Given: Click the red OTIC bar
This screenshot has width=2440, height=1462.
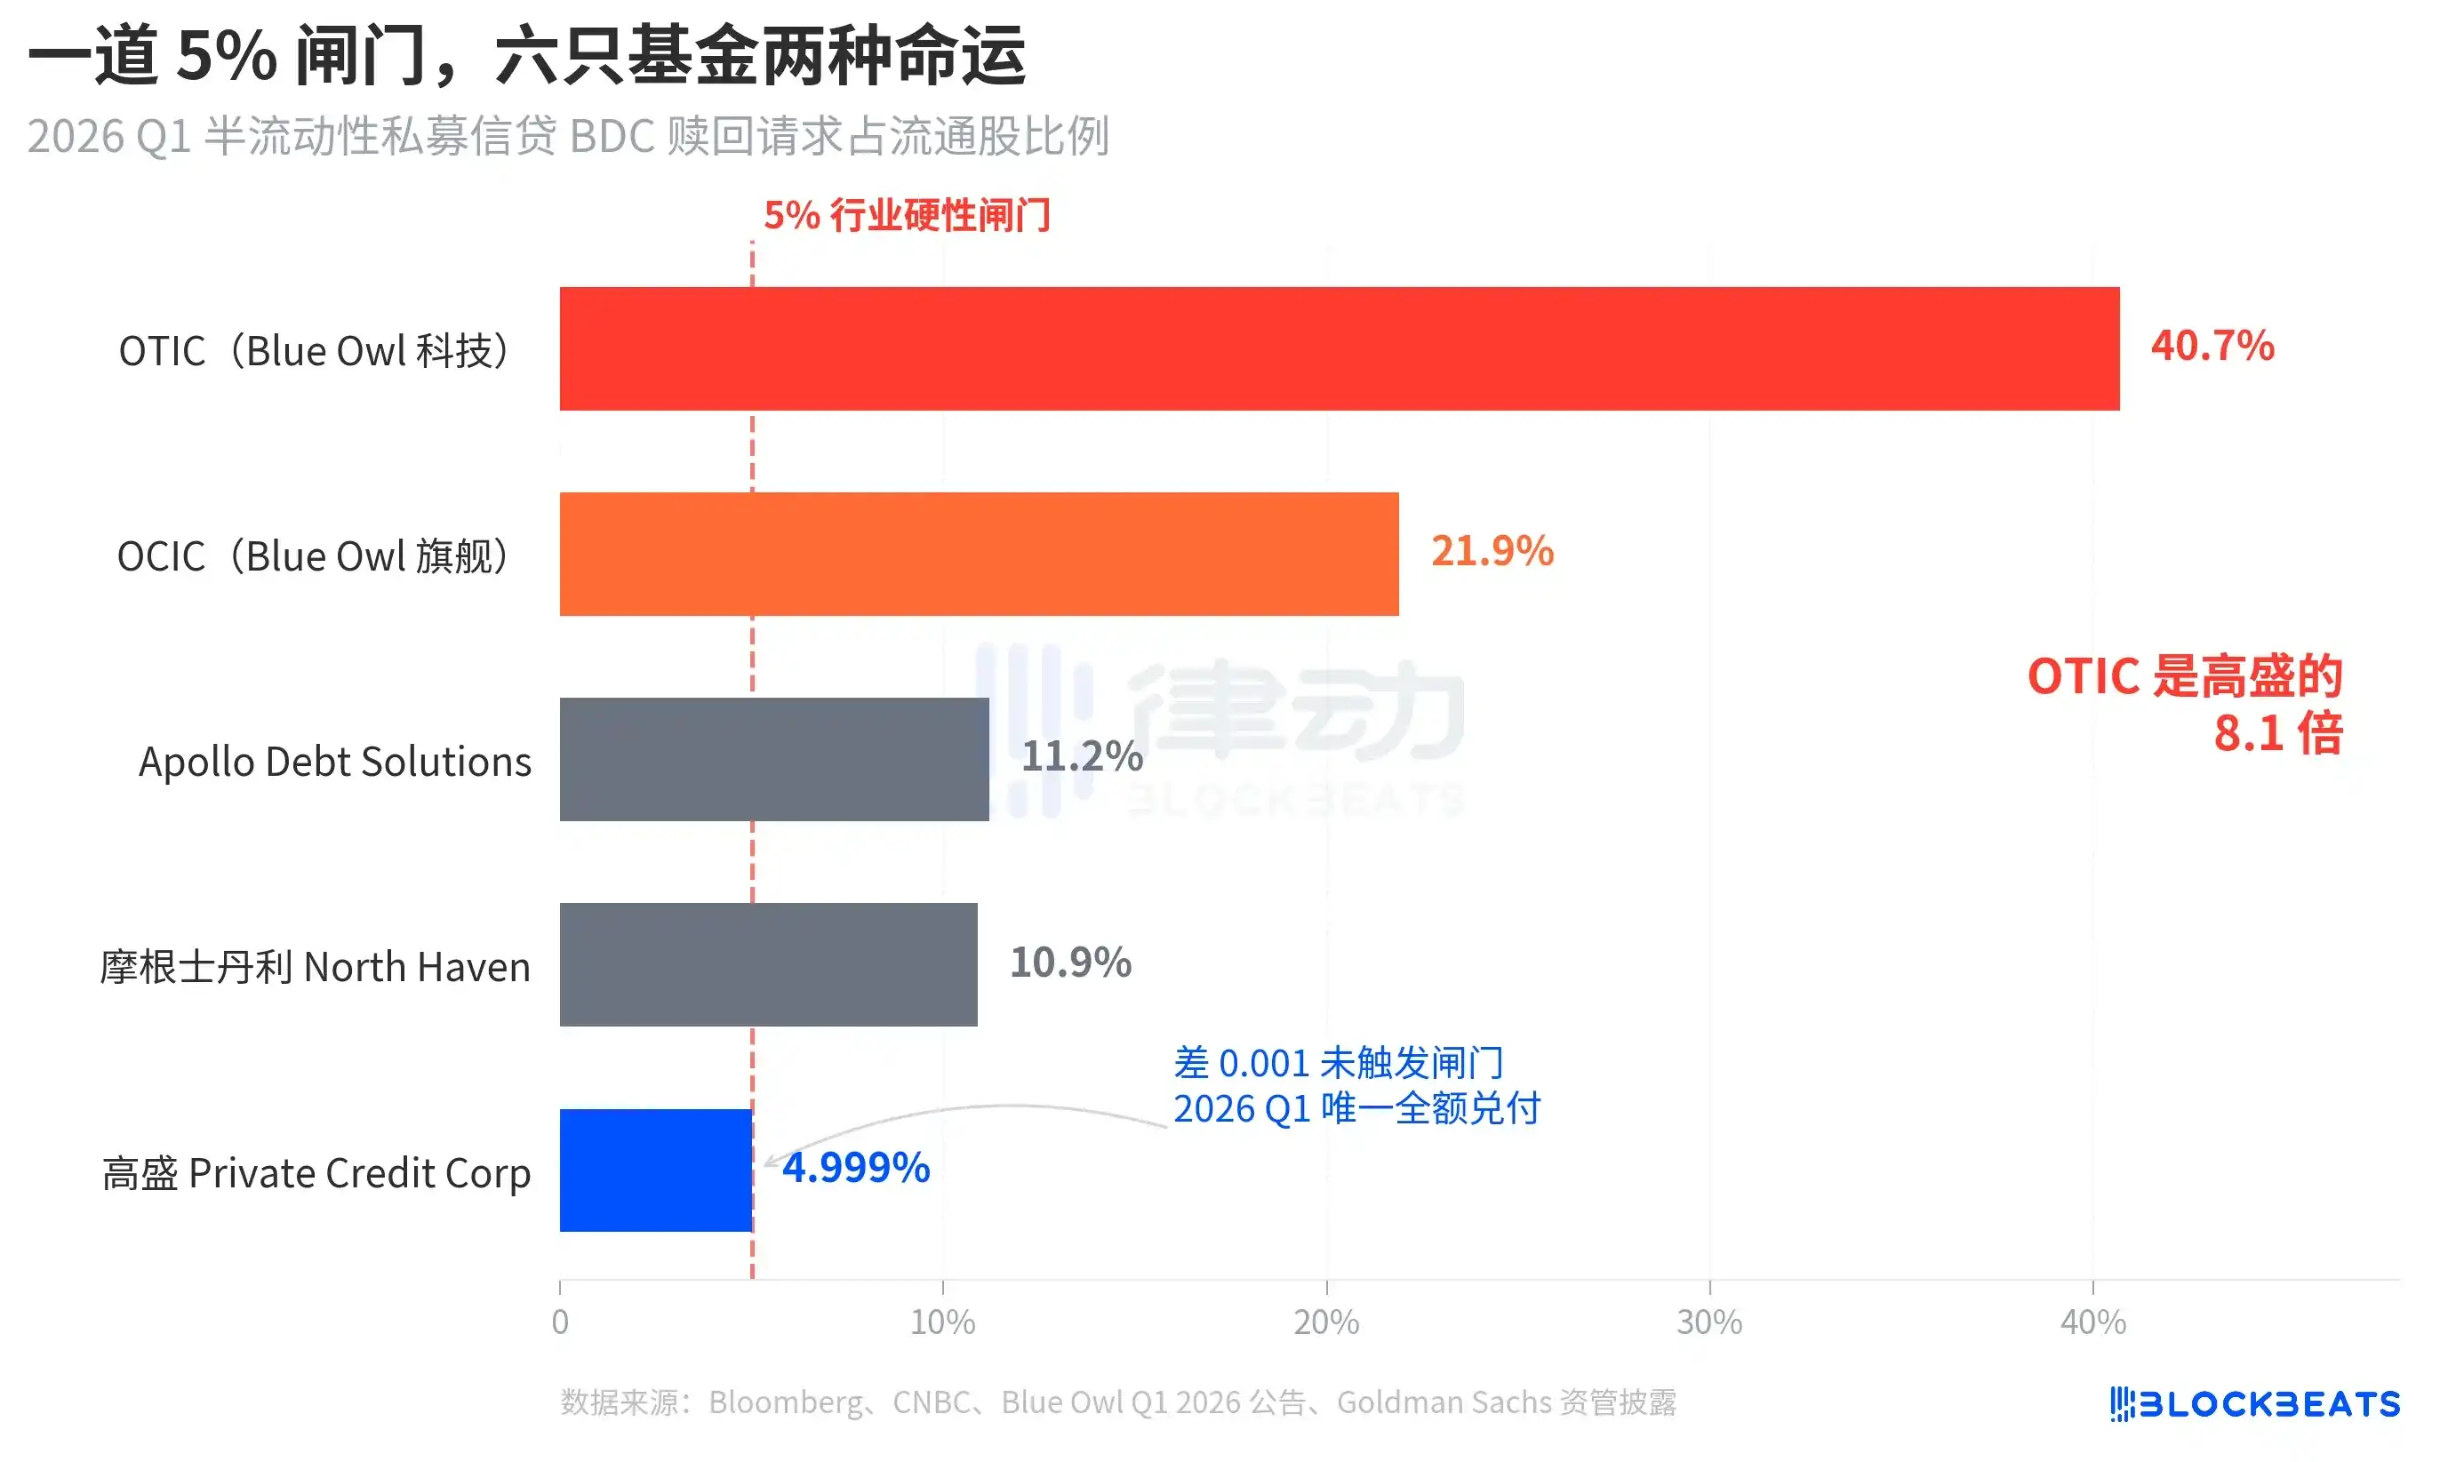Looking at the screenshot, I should pos(1339,348).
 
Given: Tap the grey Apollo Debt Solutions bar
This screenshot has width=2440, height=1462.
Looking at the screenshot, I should pos(773,760).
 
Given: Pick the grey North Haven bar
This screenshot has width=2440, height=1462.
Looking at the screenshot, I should pos(768,964).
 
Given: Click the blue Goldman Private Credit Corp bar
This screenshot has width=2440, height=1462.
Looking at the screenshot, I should pos(655,1170).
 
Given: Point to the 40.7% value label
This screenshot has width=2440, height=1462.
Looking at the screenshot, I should pos(2212,346).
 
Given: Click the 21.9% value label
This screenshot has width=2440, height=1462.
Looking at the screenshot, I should pos(1492,552).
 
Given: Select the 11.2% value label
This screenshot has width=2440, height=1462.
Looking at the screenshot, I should pos(1082,756).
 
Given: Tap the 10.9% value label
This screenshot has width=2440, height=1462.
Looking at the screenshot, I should pos(1071,963).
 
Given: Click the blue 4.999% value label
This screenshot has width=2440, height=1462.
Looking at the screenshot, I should pos(856,1169).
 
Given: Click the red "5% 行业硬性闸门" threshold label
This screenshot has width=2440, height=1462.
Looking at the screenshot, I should pos(907,215).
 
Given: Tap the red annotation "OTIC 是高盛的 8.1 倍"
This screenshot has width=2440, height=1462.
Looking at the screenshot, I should pos(2184,703).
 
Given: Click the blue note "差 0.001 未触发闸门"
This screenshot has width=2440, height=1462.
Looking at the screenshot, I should pos(1338,1063).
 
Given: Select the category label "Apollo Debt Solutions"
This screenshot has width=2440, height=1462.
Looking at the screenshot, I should pos(334,762).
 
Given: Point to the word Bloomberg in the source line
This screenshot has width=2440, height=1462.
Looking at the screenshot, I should pos(785,1402).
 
